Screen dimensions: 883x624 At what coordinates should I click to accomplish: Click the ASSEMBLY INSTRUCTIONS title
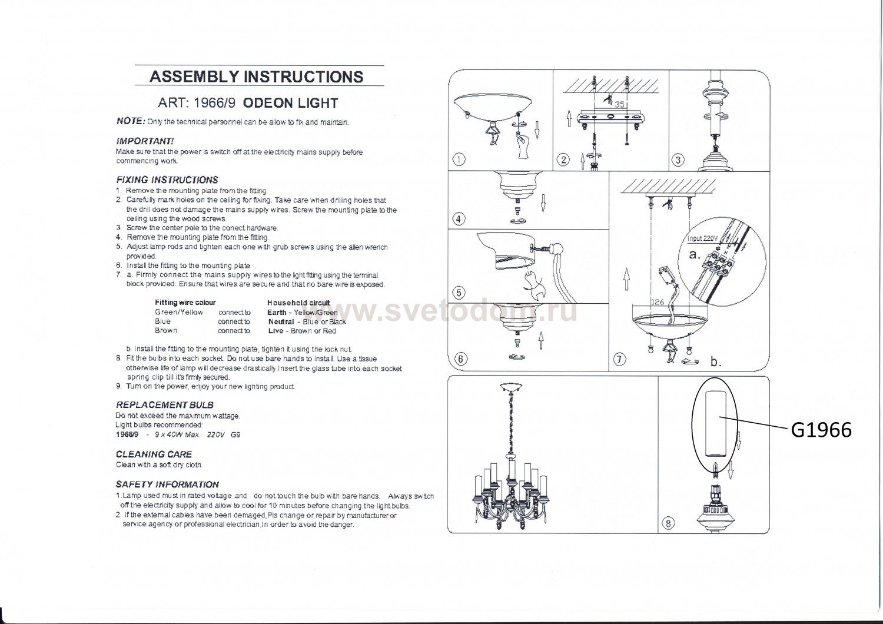click(256, 77)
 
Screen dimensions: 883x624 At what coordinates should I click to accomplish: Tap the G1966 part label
click(822, 430)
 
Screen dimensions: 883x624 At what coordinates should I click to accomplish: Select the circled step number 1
click(459, 160)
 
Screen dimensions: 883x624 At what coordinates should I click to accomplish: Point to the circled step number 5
click(459, 293)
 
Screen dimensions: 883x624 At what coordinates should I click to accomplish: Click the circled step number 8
click(668, 523)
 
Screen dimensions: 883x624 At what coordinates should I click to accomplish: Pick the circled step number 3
click(678, 160)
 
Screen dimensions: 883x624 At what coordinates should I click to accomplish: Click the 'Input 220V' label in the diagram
click(702, 238)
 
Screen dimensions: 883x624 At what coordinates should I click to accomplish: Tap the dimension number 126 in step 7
click(657, 302)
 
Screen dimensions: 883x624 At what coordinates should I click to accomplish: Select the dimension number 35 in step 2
click(620, 104)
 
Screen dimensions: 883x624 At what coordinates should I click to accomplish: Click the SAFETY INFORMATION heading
click(167, 484)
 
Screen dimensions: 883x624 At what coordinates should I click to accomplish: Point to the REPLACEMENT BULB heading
click(164, 405)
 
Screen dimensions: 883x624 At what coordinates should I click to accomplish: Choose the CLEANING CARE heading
click(154, 454)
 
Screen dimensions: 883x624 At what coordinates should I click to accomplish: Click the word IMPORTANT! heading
click(145, 141)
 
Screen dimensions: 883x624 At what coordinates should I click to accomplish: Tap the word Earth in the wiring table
click(277, 312)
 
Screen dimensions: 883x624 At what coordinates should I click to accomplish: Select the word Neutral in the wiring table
click(281, 321)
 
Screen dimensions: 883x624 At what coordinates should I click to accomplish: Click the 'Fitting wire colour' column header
click(185, 303)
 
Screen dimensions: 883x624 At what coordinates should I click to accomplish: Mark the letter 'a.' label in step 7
click(695, 255)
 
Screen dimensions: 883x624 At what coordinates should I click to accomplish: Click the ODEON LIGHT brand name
click(291, 103)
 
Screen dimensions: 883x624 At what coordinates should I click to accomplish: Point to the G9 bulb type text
click(235, 435)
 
